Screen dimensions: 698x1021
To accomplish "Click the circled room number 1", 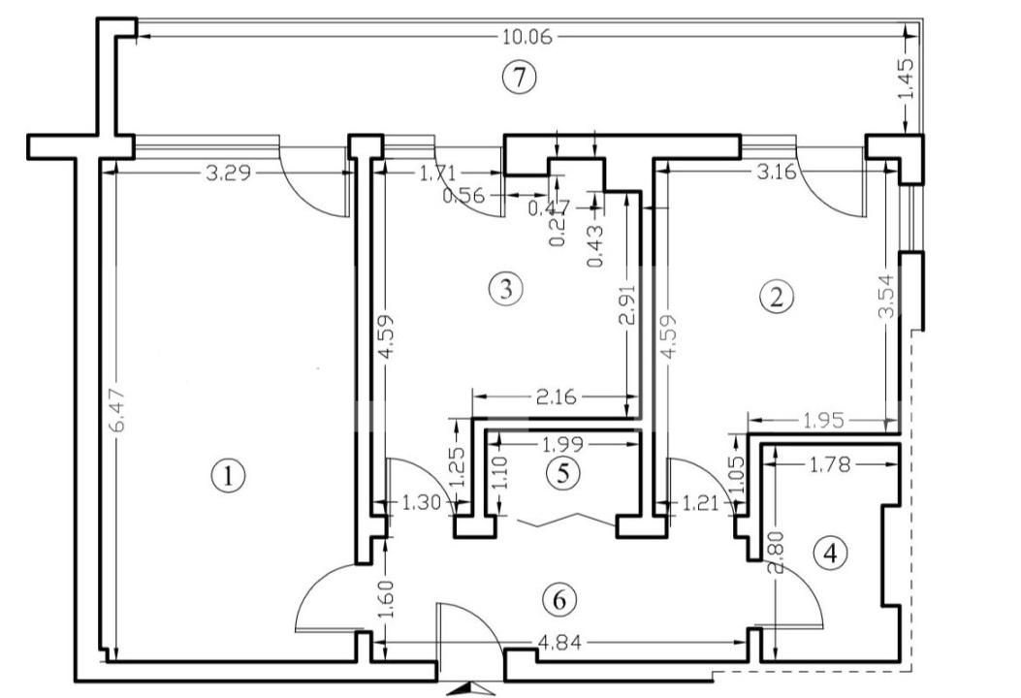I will (x=228, y=476).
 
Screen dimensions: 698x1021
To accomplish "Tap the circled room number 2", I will (x=776, y=297).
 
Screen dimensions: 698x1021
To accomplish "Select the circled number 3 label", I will (x=505, y=288).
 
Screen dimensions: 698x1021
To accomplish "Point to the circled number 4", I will (x=830, y=554).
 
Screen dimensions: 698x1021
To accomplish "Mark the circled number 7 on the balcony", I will (x=520, y=78).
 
